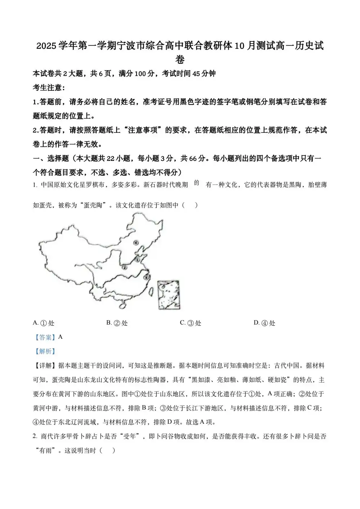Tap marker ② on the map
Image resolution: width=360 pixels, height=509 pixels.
[124, 267]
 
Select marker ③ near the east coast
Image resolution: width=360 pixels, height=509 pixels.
[146, 277]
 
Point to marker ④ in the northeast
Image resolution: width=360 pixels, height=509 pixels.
[136, 243]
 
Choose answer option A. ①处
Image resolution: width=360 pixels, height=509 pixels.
[44, 323]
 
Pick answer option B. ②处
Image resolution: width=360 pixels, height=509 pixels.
[117, 323]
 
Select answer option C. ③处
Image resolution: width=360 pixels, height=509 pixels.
[190, 323]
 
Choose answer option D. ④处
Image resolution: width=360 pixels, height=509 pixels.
[264, 323]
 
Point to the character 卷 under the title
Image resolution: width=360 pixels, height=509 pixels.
[180, 59]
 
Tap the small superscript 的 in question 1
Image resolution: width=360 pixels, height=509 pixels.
[197, 183]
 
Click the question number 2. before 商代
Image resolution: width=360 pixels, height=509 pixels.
[35, 436]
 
